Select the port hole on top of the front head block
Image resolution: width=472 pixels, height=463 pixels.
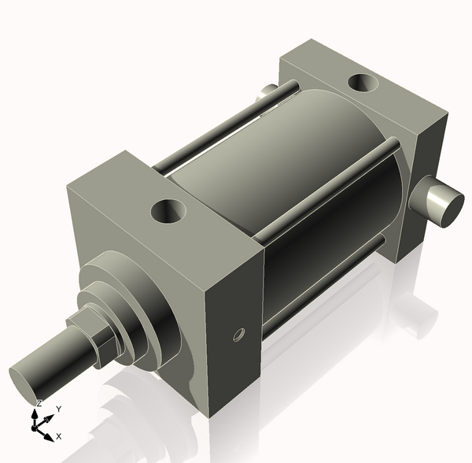(169, 211)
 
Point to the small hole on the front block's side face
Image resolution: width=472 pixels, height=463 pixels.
(238, 336)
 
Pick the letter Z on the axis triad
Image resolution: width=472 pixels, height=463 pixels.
(39, 404)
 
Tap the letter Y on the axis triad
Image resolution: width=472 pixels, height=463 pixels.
(58, 409)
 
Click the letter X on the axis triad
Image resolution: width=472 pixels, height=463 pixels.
(59, 435)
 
